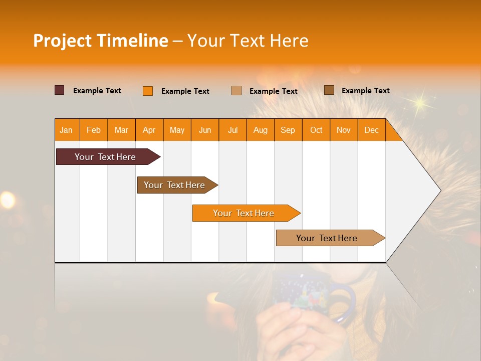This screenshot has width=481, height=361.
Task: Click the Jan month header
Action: tap(66, 130)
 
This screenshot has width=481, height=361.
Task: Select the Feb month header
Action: tap(94, 130)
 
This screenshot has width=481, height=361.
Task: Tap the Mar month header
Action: tap(121, 130)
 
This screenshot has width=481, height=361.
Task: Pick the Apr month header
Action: tap(149, 130)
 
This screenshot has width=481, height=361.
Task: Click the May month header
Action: tap(177, 130)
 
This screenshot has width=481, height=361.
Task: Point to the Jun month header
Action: tap(205, 130)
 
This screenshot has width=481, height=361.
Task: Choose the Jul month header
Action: tap(232, 130)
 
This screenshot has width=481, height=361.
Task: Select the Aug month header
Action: tap(261, 130)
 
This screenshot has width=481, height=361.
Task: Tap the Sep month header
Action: tap(288, 130)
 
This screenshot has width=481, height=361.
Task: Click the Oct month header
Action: tap(316, 130)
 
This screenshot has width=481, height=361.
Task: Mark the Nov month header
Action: tap(344, 130)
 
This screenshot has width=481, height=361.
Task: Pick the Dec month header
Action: tap(371, 130)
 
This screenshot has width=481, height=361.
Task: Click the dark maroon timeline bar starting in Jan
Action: tap(106, 157)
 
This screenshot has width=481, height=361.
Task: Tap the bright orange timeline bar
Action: tap(244, 213)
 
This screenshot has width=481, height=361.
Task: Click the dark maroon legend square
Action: tap(60, 90)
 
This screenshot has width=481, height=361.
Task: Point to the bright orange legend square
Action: tap(148, 91)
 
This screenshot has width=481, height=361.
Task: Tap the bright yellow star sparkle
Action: tap(418, 103)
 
